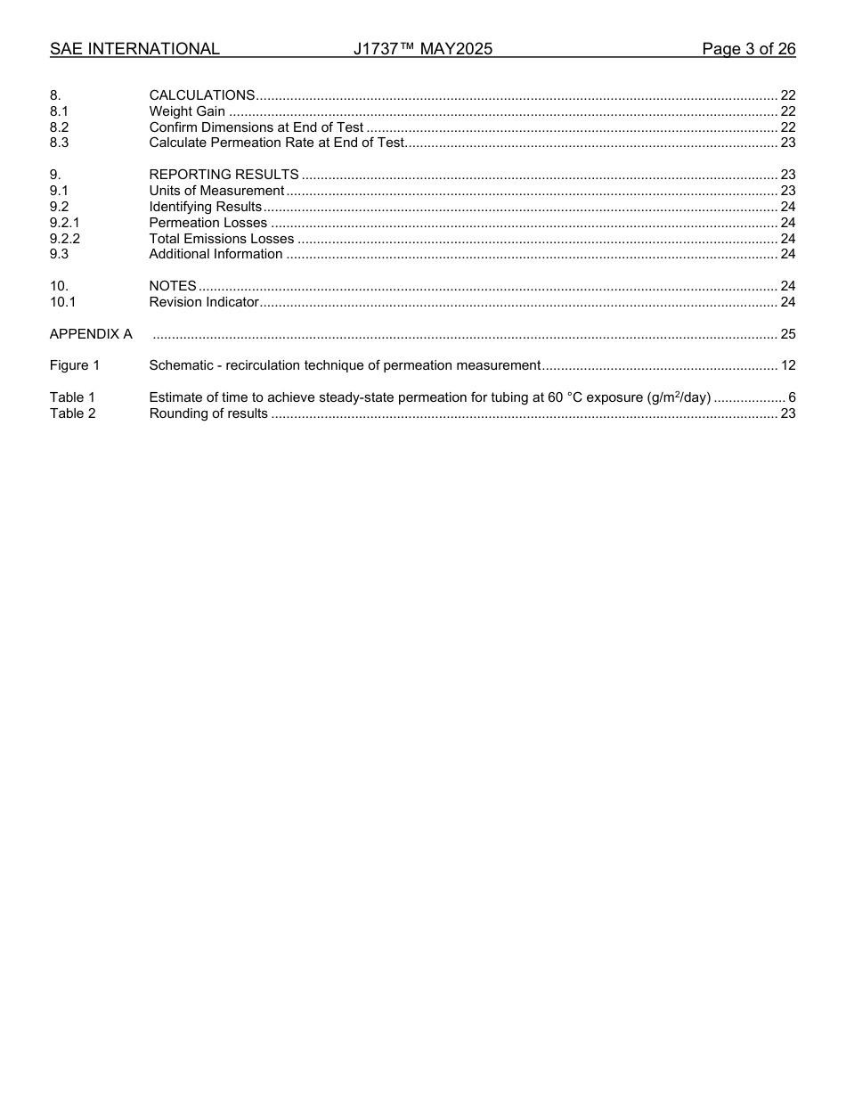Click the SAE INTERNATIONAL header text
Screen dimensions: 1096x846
[x=134, y=49]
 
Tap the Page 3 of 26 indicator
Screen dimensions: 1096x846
[x=748, y=49]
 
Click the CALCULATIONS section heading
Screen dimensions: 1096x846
[x=202, y=95]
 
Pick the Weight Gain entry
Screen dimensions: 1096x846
[x=187, y=111]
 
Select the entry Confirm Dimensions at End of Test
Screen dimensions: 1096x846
[x=256, y=127]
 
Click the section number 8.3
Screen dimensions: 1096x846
[x=59, y=143]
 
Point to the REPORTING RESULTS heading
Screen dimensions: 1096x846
[x=224, y=175]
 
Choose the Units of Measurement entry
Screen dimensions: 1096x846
[x=216, y=191]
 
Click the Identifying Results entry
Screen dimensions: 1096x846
[x=205, y=207]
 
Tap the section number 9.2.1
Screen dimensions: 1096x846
[x=64, y=223]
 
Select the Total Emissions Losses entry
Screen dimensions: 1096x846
[x=221, y=239]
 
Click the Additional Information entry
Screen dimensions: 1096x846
[x=216, y=254]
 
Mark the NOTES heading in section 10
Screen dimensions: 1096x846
[x=173, y=286]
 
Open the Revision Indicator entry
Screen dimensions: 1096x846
[x=204, y=302]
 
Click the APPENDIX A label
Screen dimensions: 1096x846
[x=91, y=334]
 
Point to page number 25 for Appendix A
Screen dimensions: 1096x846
[x=787, y=334]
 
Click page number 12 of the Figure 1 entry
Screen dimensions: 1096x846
[x=787, y=365]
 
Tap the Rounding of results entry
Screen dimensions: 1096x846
[x=208, y=413]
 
